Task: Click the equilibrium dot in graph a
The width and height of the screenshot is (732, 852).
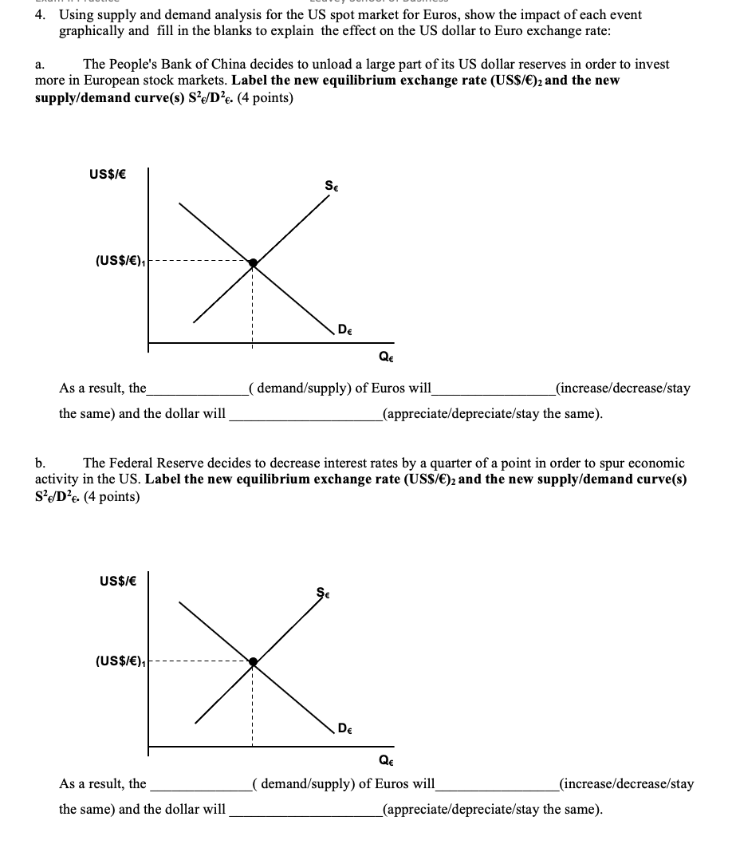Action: [253, 262]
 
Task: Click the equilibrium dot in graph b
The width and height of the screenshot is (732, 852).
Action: [253, 661]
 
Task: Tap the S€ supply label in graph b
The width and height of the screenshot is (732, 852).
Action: [324, 591]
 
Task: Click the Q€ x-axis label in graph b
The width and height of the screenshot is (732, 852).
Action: [386, 759]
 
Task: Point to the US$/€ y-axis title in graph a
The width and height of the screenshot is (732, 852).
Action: [112, 172]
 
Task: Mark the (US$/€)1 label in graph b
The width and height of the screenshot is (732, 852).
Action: [120, 661]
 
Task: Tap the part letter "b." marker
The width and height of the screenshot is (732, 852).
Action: [41, 463]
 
